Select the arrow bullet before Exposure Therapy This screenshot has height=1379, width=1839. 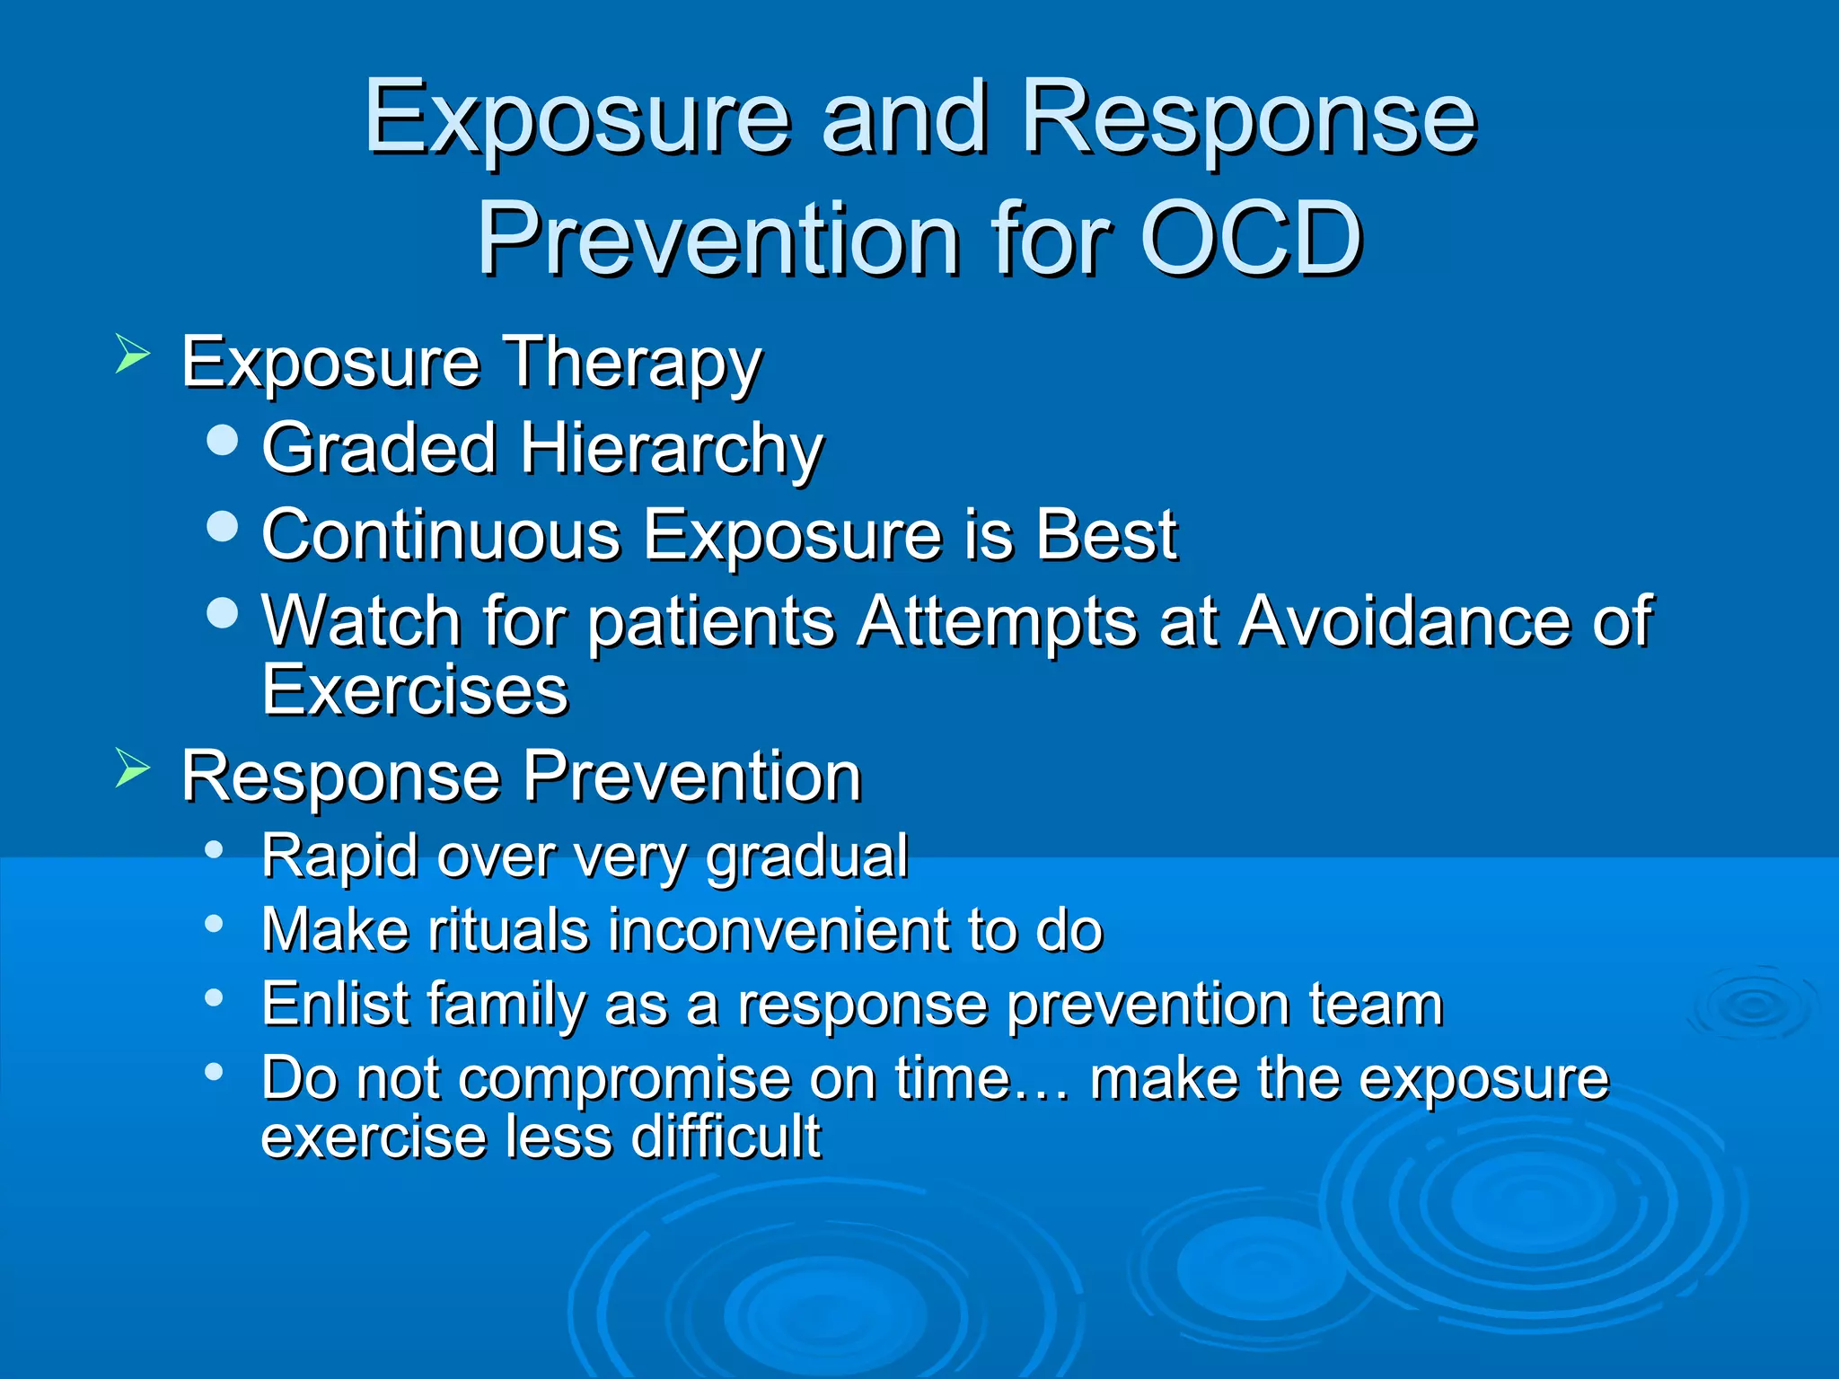pyautogui.click(x=132, y=354)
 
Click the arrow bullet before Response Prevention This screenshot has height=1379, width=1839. pyautogui.click(x=132, y=769)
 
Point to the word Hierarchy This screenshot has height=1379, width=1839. pyautogui.click(x=671, y=449)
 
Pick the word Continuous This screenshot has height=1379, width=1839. pyautogui.click(x=441, y=535)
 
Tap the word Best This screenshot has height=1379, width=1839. pyautogui.click(x=1105, y=535)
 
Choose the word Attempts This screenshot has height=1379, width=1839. pyautogui.click(x=996, y=622)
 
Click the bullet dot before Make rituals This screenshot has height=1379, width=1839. pyautogui.click(x=213, y=924)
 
